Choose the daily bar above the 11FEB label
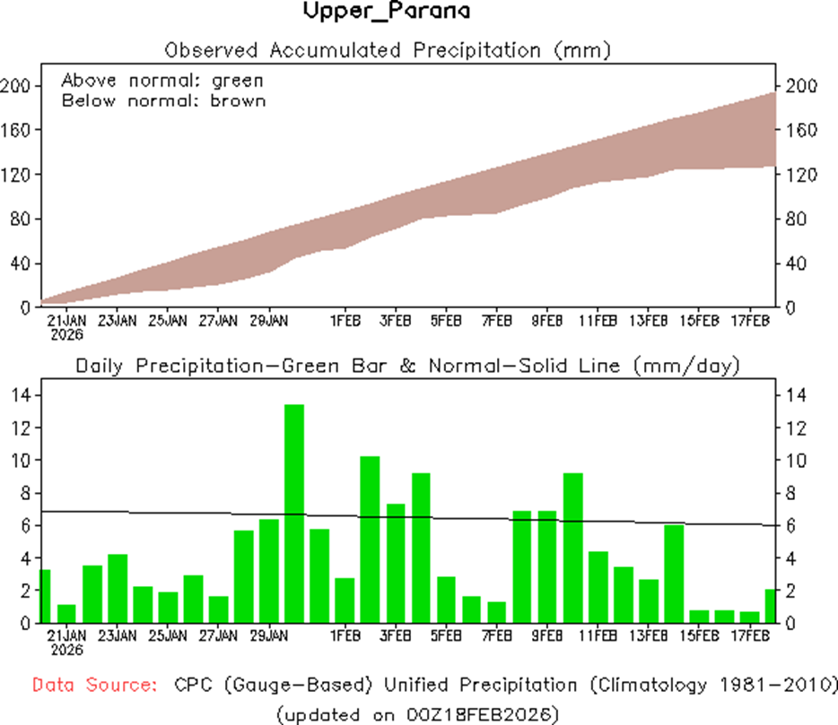click(598, 587)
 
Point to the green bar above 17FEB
click(749, 617)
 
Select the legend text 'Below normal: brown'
click(163, 100)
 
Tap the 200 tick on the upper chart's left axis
click(17, 86)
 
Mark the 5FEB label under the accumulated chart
click(446, 320)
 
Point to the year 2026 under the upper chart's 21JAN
click(67, 335)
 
